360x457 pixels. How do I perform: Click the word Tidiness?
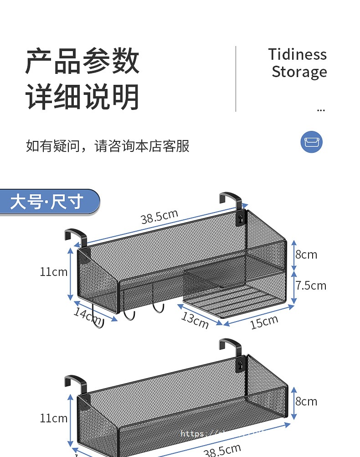pos(297,55)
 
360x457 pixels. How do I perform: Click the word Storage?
pos(299,72)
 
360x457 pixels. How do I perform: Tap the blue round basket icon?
pos(311,141)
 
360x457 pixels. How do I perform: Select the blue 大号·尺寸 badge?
pos(48,202)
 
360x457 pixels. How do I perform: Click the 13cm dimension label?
pos(195,320)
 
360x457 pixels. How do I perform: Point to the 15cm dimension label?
pos(264,322)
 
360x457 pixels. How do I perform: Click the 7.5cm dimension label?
pos(311,286)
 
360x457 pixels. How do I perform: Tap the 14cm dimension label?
pos(87,315)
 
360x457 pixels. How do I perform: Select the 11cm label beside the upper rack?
pos(53,272)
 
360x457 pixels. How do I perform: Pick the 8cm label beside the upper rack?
pos(306,254)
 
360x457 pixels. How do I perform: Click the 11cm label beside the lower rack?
pos(53,418)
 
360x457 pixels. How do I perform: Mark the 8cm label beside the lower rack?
pos(306,401)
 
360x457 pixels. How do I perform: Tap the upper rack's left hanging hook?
pos(75,235)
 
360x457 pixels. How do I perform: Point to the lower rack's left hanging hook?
pos(75,382)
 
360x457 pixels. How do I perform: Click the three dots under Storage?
pos(321,110)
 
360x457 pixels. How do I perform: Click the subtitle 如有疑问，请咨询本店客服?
pos(108,146)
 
